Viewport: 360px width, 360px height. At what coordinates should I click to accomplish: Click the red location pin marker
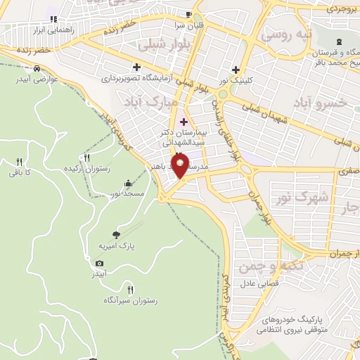181,167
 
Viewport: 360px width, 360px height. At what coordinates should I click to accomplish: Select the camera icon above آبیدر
99,263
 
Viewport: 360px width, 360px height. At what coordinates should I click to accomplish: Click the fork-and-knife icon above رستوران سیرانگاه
130,289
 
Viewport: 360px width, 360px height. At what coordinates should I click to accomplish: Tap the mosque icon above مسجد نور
128,184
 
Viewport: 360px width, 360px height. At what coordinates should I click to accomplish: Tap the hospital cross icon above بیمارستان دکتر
184,122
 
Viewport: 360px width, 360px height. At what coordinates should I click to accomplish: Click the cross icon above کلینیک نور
236,69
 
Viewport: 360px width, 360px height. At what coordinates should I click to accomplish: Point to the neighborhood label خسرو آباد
323,103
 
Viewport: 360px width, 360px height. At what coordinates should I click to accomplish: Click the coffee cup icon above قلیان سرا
188,14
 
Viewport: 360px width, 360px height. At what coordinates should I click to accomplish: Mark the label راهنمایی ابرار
53,31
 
